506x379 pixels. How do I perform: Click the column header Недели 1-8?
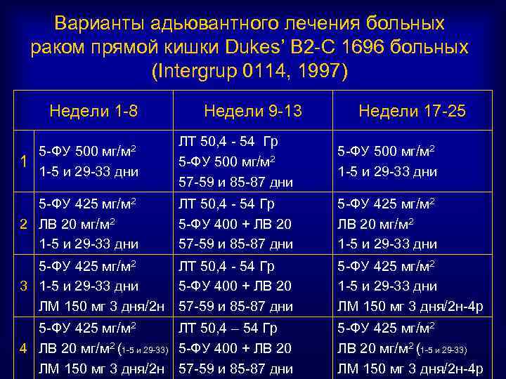pyautogui.click(x=93, y=111)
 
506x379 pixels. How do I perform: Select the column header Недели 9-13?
pyautogui.click(x=252, y=111)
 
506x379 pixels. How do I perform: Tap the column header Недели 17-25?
pyautogui.click(x=412, y=111)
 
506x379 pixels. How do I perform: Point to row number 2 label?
pyautogui.click(x=23, y=224)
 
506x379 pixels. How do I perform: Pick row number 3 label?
pyautogui.click(x=23, y=286)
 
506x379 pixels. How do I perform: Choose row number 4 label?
pyautogui.click(x=23, y=349)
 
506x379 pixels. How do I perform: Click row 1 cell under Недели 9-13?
pyautogui.click(x=235, y=161)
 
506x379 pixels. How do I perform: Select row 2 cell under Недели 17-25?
pyautogui.click(x=387, y=224)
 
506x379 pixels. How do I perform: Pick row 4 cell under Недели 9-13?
pyautogui.click(x=235, y=349)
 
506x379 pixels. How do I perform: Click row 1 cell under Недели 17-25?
pyautogui.click(x=387, y=161)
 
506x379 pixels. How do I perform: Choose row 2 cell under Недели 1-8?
pyautogui.click(x=88, y=224)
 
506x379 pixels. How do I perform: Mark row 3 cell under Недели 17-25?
pyautogui.click(x=408, y=286)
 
